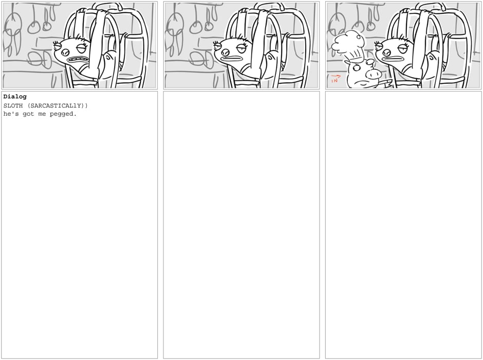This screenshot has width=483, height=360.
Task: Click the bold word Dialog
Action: point(15,97)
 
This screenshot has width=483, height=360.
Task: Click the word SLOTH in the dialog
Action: point(13,106)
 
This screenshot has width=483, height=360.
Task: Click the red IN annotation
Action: point(336,79)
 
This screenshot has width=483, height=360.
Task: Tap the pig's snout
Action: point(374,74)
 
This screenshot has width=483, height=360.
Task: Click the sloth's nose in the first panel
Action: point(65,52)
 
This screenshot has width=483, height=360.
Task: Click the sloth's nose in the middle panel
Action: point(225,52)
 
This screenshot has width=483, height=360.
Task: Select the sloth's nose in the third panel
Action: point(386,52)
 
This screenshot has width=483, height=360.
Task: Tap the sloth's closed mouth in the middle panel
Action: point(232,59)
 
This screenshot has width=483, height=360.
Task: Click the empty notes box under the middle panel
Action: point(241,225)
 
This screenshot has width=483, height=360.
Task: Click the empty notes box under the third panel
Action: point(403,225)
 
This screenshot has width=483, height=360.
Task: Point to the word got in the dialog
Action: point(28,114)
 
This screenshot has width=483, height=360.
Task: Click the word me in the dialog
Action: point(42,114)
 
